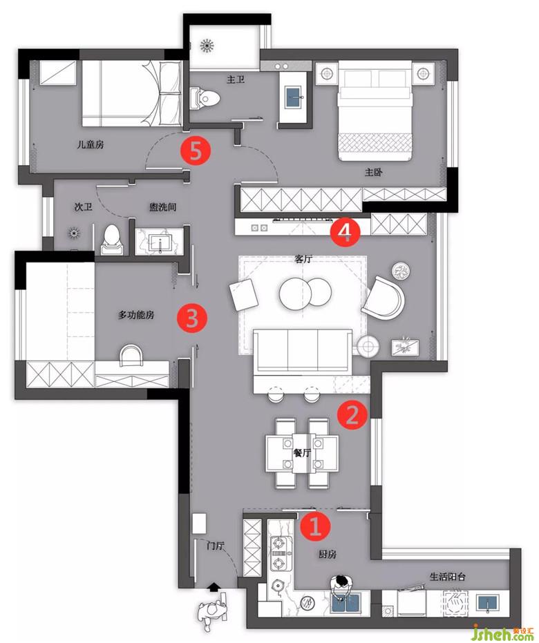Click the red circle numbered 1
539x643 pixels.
coord(314,526)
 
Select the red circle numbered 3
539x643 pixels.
coord(192,318)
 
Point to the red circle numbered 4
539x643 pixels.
coord(346,231)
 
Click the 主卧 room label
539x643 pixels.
coord(373,172)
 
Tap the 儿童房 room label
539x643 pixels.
coord(91,144)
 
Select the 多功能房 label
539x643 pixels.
coord(136,315)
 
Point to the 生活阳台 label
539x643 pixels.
coord(448,577)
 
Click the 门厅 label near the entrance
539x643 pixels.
coord(215,546)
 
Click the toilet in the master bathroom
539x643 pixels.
coord(205,98)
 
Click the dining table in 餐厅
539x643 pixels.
coord(302,452)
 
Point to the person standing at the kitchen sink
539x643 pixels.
coord(341,586)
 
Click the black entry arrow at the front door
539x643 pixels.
coord(214,587)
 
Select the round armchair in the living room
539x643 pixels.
coord(384,297)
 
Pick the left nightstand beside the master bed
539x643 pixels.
coord(327,74)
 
